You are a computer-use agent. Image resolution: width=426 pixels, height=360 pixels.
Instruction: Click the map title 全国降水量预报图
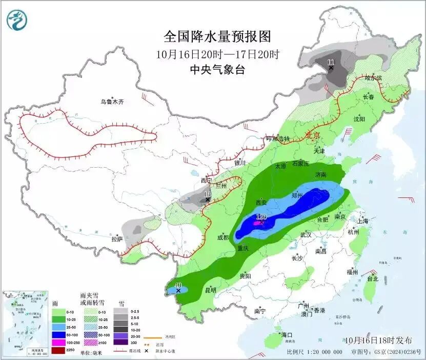217,36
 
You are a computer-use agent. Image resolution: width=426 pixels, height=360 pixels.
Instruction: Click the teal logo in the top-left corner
17,20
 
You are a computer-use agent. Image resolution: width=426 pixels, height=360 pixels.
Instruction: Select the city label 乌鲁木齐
112,102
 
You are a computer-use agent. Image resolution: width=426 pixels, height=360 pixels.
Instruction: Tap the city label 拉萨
116,238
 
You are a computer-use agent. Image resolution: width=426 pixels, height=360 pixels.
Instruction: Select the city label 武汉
306,234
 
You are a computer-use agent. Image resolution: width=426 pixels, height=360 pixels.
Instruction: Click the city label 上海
363,221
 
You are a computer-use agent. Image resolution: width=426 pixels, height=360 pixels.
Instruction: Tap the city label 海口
286,335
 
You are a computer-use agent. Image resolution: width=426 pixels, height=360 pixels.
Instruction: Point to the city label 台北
372,279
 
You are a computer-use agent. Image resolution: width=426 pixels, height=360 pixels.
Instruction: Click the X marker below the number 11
331,68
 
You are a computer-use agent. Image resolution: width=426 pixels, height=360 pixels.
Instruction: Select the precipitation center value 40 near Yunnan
178,285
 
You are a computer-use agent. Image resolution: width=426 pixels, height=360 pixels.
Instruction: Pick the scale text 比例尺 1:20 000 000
315,352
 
